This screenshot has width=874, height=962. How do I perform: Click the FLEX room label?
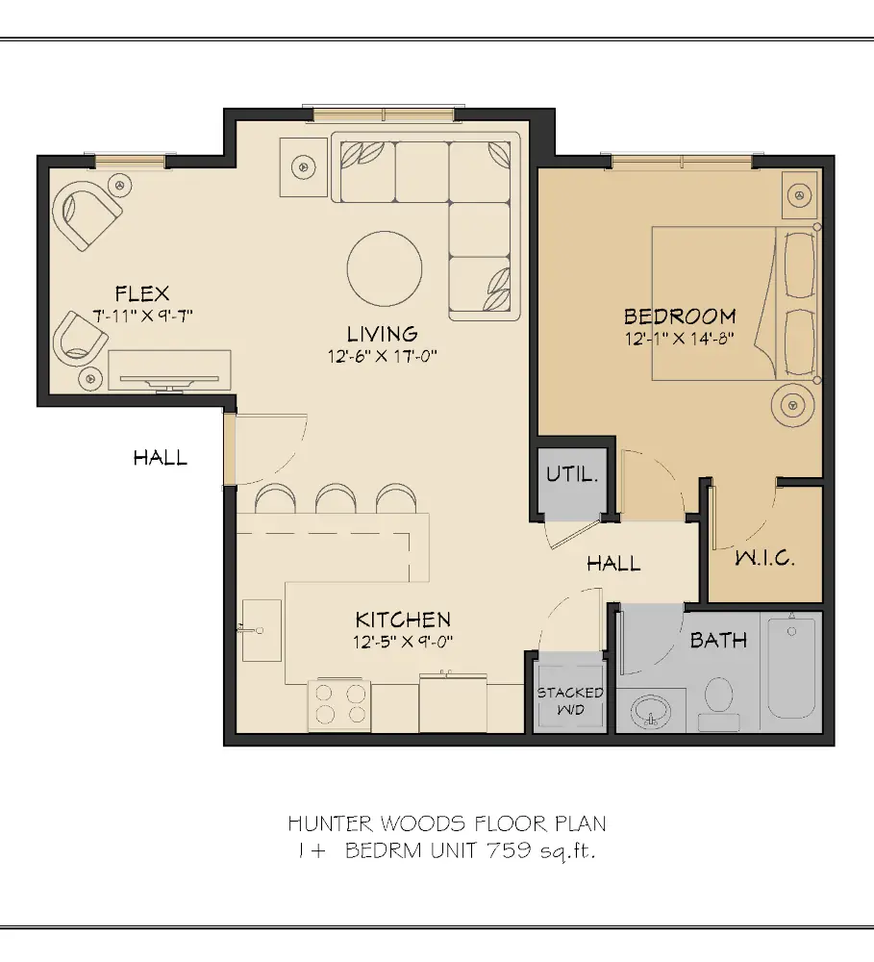click(141, 293)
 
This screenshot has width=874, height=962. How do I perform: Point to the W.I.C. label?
click(765, 558)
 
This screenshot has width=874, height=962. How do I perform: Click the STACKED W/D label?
click(570, 699)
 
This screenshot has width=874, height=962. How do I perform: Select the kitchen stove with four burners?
click(342, 702)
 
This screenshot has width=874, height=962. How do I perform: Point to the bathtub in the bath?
click(790, 669)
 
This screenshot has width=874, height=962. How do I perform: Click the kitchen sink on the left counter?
click(261, 629)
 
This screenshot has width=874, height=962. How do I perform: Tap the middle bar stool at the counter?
click(336, 499)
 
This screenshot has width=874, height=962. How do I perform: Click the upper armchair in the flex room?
click(87, 215)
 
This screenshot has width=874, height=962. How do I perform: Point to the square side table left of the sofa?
click(305, 165)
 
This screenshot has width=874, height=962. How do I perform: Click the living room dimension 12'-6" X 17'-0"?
click(382, 356)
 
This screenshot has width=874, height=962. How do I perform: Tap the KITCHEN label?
click(403, 620)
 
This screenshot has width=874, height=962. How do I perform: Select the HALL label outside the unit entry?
click(161, 458)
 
